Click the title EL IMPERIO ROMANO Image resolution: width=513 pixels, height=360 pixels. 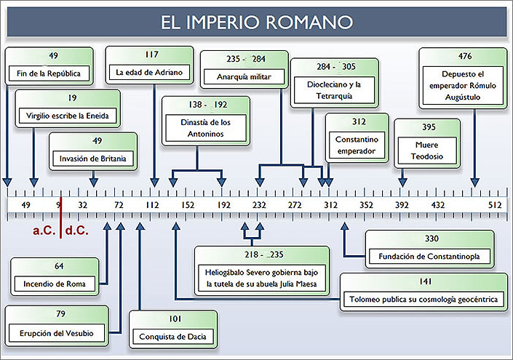pyautogui.click(x=257, y=23)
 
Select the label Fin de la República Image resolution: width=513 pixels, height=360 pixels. pyautogui.click(x=49, y=73)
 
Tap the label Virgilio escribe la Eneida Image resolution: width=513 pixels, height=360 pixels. pyautogui.click(x=68, y=116)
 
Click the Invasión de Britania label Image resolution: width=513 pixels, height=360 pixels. pyautogui.click(x=92, y=159)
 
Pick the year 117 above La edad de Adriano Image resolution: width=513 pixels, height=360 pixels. pyautogui.click(x=152, y=55)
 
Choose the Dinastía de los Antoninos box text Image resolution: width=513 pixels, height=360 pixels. pyautogui.click(x=205, y=128)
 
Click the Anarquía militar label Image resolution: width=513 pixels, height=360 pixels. pyautogui.click(x=244, y=77)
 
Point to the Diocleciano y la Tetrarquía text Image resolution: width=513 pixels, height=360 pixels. pyautogui.click(x=334, y=90)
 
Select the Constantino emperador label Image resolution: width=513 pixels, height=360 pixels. pyautogui.click(x=357, y=145)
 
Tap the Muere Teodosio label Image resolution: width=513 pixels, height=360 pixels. pyautogui.click(x=427, y=151)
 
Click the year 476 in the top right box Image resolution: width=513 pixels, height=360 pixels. pyautogui.click(x=465, y=56)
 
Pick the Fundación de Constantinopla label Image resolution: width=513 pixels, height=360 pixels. pyautogui.click(x=429, y=256)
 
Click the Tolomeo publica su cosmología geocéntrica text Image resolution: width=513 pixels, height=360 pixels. pyautogui.click(x=423, y=300)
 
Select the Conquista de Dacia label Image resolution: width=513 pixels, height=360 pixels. pyautogui.click(x=172, y=337)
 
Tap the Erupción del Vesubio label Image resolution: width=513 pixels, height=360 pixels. pyautogui.click(x=56, y=334)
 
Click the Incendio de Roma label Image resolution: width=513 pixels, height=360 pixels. pyautogui.click(x=55, y=284)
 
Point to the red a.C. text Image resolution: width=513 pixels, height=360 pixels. pyautogui.click(x=44, y=231)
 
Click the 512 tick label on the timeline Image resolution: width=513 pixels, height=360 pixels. pyautogui.click(x=495, y=205)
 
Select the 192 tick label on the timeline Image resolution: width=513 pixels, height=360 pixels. pyautogui.click(x=224, y=205)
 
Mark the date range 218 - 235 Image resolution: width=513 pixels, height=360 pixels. pyautogui.click(x=263, y=255)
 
